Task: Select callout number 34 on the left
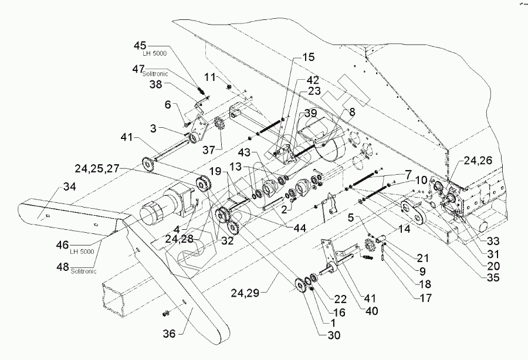(x=70, y=188)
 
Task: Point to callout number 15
(x=308, y=57)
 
